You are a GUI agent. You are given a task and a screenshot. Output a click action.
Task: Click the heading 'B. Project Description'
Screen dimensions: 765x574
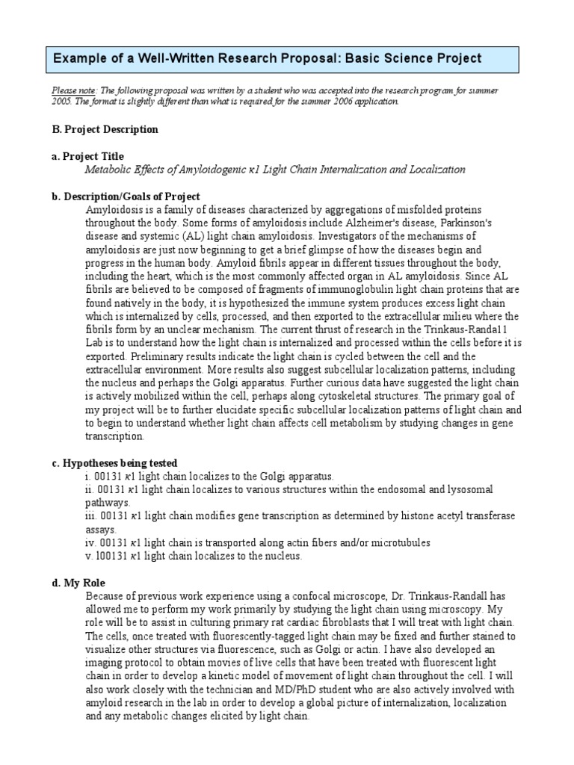pos(105,129)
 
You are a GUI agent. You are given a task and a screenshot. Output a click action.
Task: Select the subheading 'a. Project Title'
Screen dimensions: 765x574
pos(87,156)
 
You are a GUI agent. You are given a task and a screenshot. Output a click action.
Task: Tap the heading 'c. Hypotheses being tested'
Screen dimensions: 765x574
pos(114,463)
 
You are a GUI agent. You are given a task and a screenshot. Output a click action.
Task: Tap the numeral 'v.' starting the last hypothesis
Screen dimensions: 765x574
pos(89,556)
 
